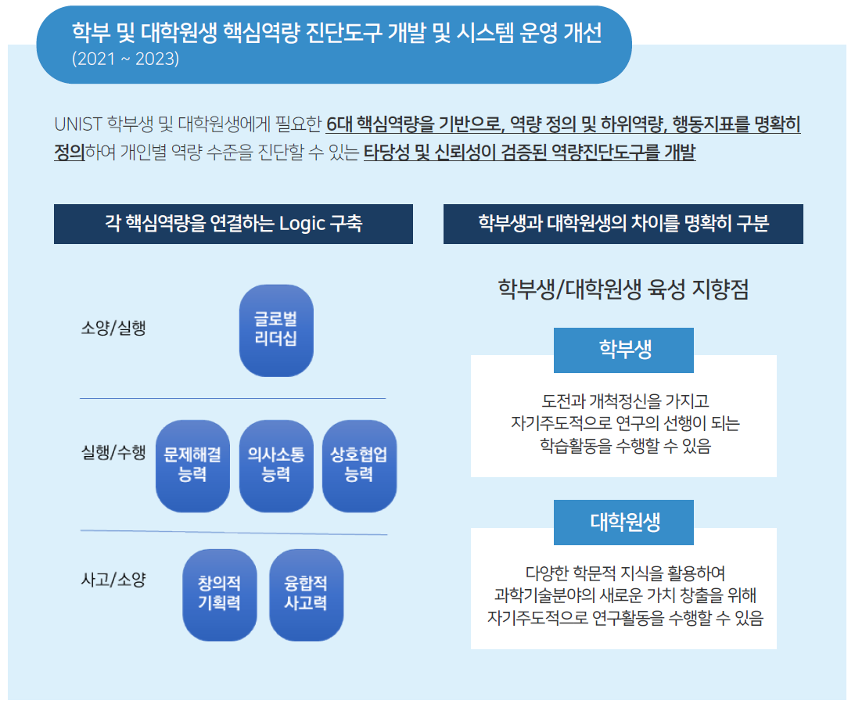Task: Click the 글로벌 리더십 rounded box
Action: (276, 330)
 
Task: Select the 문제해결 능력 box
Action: (192, 465)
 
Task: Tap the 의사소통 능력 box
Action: (276, 465)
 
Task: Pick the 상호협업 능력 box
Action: (359, 465)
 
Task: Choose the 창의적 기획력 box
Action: (220, 595)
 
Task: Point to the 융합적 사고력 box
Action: (307, 595)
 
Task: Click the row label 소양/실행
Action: (113, 328)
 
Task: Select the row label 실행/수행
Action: (113, 452)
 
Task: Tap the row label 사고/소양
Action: (113, 579)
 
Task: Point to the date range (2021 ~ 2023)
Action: (125, 59)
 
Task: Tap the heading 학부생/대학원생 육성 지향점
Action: (623, 289)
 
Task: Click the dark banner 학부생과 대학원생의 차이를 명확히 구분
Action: (623, 224)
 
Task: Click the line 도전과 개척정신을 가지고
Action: (625, 401)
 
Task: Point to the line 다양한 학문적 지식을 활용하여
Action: (625, 573)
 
